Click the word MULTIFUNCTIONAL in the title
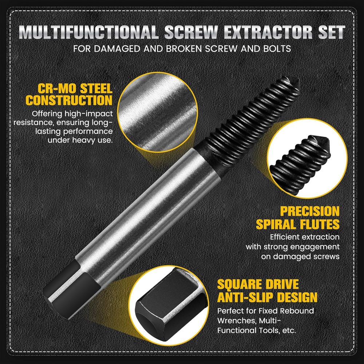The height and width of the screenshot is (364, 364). click(88, 32)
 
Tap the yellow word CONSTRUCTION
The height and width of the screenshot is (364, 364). click(69, 100)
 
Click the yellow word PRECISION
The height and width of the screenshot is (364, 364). click(310, 211)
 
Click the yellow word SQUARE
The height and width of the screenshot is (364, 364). click(240, 284)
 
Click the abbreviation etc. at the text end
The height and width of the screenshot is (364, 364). click(289, 331)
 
